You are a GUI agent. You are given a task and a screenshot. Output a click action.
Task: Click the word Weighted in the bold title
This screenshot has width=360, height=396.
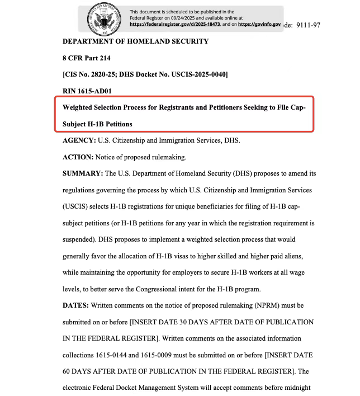[82, 107]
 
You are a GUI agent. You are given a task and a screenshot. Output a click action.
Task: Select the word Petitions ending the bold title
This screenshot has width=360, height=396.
[115, 124]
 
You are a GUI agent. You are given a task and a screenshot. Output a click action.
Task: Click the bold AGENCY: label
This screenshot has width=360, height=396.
[79, 140]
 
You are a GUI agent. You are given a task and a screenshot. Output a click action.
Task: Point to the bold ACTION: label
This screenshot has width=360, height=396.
[78, 157]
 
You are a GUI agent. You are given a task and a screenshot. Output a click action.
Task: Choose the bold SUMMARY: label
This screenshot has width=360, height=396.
[83, 173]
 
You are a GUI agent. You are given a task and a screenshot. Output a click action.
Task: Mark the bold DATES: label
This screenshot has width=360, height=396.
[75, 306]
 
